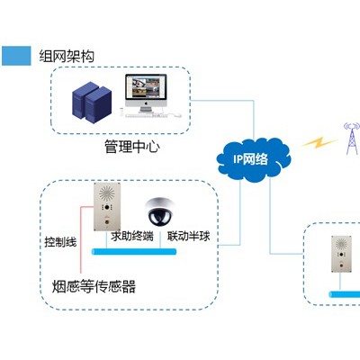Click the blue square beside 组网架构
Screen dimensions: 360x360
(x=16, y=56)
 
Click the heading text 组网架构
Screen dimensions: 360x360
(x=67, y=56)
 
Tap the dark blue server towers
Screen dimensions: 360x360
(x=92, y=102)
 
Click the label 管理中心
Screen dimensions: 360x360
(x=132, y=147)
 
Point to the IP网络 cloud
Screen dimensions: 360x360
(x=254, y=159)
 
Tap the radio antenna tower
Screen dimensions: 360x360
(x=352, y=139)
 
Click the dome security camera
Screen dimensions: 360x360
(x=159, y=211)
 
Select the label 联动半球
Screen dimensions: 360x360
(x=188, y=236)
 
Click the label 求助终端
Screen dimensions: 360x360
(x=132, y=236)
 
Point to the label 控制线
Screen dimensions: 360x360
(x=60, y=242)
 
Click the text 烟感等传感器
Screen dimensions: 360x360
(x=94, y=286)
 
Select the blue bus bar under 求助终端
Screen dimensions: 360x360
(x=134, y=251)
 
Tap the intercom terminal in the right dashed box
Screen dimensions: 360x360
(x=341, y=254)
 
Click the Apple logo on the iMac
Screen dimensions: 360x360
(x=146, y=103)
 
